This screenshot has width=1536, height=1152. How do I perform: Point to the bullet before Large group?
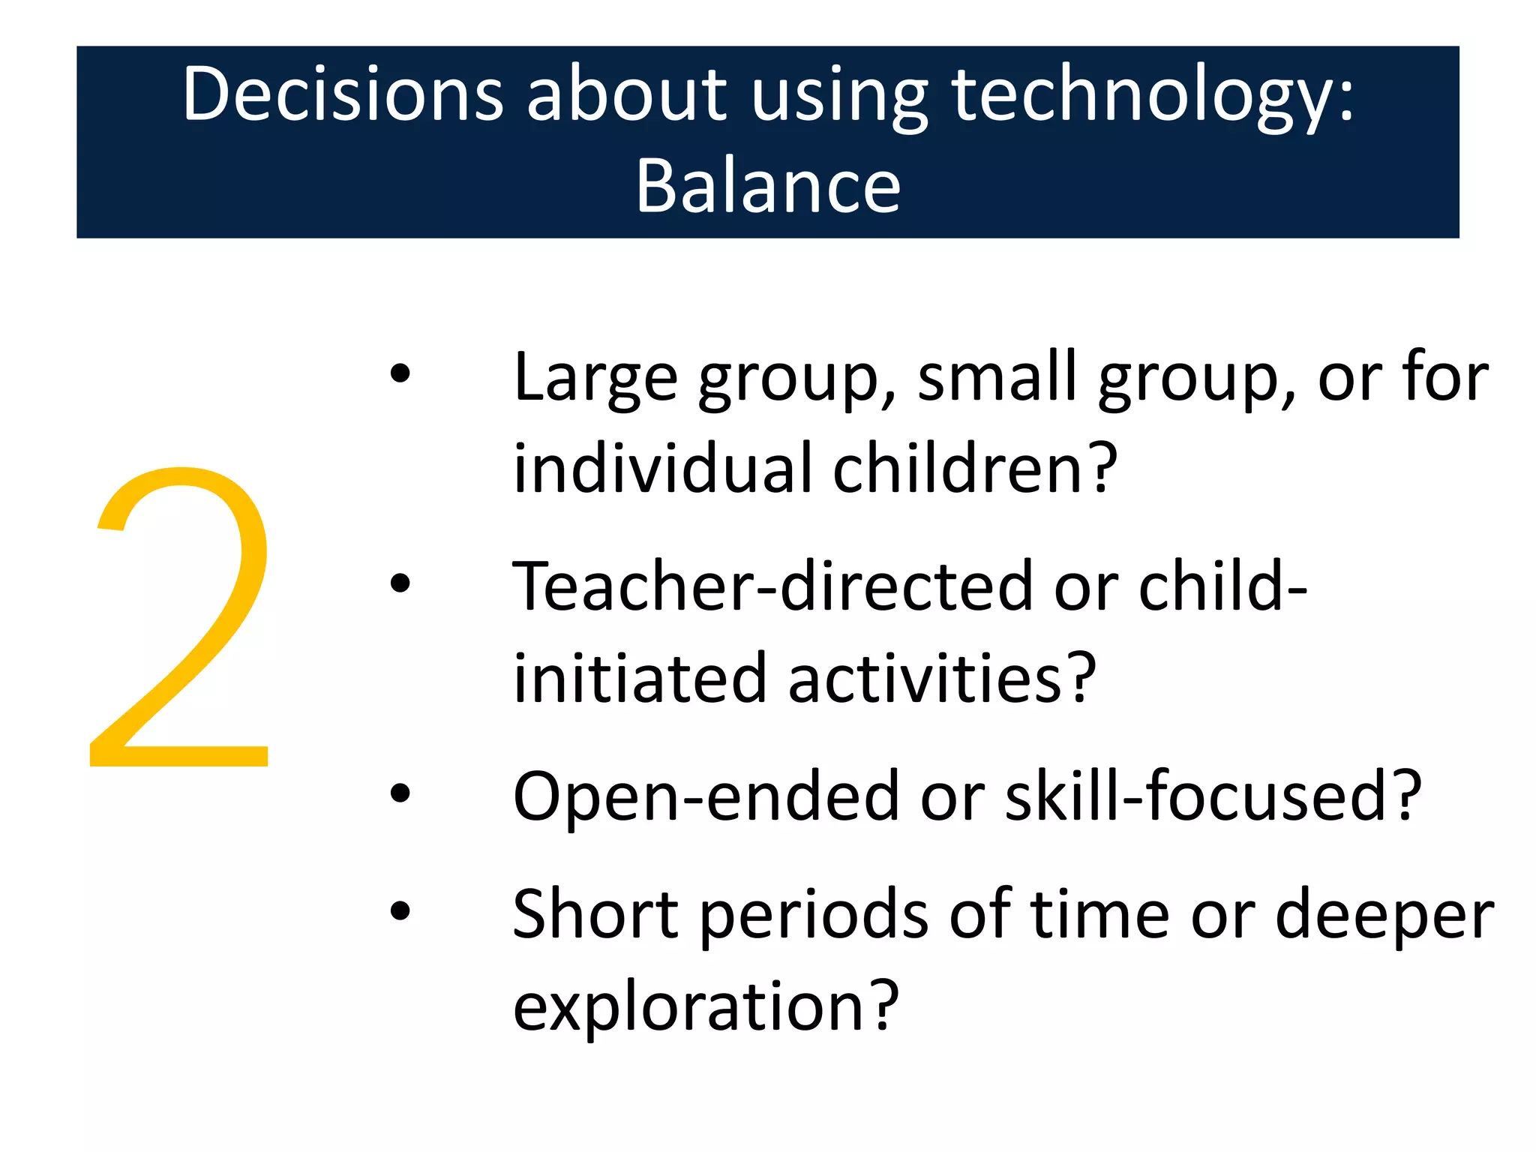[400, 373]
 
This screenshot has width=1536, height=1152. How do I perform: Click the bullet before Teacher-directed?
[400, 583]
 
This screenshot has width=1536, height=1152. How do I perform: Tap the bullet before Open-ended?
[400, 793]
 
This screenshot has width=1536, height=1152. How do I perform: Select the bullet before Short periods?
[400, 910]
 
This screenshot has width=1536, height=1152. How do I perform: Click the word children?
[975, 469]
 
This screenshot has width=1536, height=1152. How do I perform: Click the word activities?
[941, 679]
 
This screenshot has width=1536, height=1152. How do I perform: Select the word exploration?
[705, 1006]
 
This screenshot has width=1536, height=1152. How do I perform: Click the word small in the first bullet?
[997, 377]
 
